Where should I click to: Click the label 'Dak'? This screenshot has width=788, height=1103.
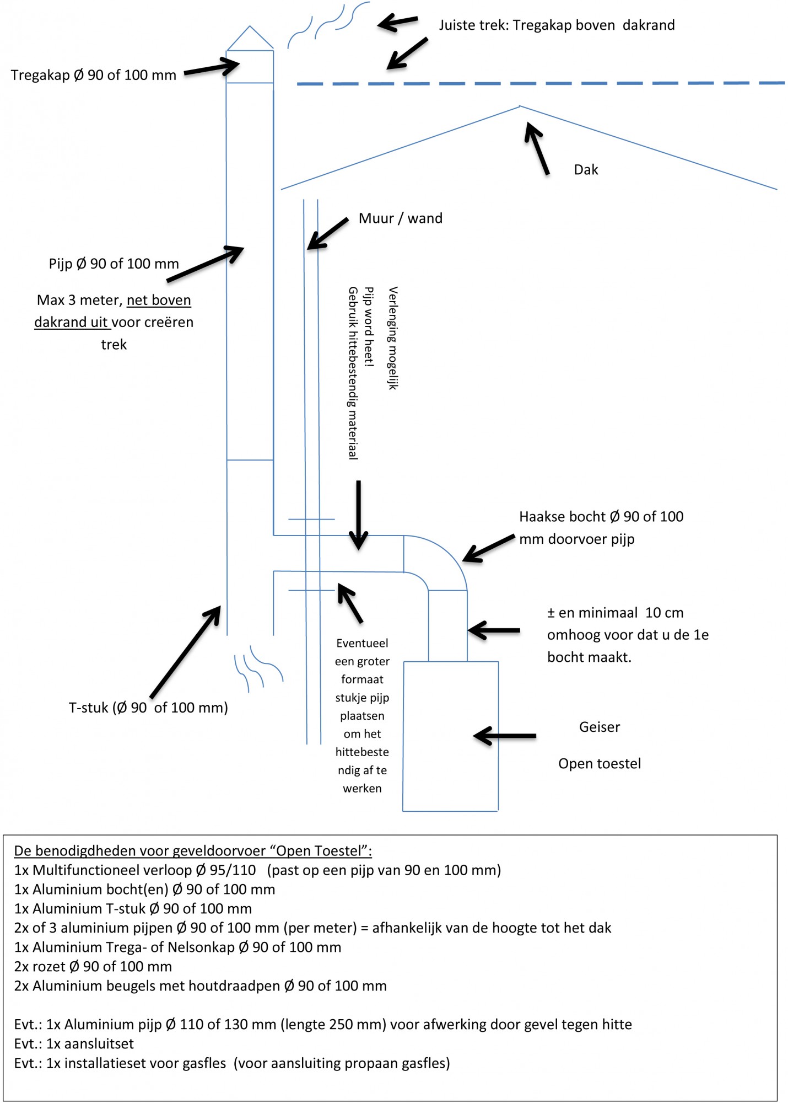point(586,169)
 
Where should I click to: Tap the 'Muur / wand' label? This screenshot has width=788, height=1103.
point(401,218)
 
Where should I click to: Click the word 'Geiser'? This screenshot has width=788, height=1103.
point(600,727)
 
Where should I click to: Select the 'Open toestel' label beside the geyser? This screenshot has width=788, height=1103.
point(600,764)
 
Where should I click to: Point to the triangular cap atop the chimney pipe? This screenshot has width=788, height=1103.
point(250,38)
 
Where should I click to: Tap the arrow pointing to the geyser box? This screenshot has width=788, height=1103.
point(505,736)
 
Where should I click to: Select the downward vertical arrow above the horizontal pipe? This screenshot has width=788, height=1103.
point(359,515)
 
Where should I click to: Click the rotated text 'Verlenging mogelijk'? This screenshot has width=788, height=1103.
point(393,338)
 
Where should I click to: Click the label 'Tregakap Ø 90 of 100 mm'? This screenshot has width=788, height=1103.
point(94,75)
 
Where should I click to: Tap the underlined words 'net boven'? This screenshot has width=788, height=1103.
point(159,300)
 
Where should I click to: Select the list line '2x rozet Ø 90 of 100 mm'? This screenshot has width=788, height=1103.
point(93,967)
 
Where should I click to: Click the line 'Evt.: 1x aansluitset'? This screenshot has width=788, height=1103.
point(74,1044)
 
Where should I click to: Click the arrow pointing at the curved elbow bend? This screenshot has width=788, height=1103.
point(489,548)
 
